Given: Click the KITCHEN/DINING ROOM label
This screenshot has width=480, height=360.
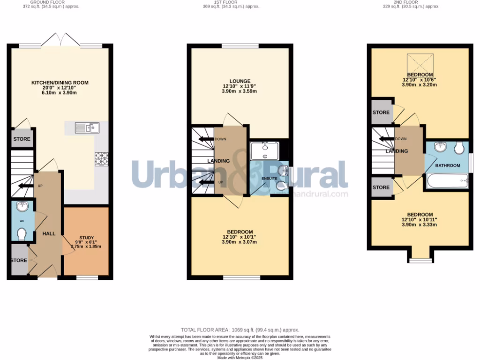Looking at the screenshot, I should (60, 83).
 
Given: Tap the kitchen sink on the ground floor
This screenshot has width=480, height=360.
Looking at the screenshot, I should (85, 127).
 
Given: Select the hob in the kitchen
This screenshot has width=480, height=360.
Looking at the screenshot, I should (101, 159).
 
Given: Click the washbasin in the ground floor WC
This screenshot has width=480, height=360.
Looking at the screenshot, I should (22, 206).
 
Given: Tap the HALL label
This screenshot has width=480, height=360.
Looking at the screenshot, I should (49, 233).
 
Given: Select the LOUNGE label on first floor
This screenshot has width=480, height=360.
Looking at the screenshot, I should (240, 81).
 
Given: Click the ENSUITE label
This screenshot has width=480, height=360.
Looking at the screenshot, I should (270, 179).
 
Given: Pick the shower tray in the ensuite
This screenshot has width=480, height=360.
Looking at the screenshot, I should (265, 151).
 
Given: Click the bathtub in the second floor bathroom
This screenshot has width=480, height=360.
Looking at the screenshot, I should (446, 180).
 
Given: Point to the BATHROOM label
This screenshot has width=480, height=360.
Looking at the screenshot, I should (447, 165).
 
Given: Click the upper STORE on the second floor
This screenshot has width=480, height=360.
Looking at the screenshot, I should (381, 112).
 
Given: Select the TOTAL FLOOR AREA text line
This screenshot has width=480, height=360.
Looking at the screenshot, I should (240, 330).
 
